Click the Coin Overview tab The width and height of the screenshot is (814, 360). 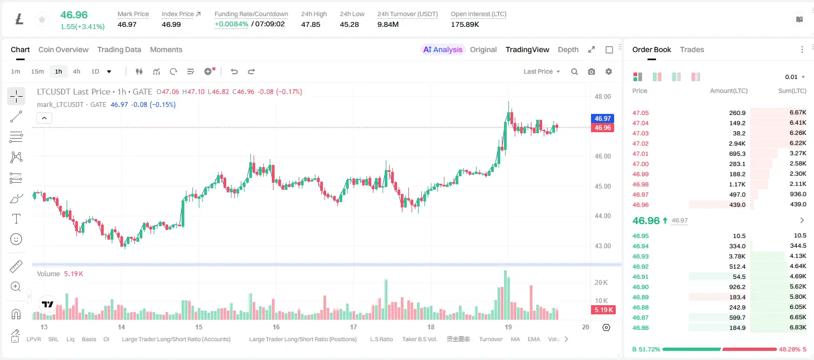(x=63, y=49)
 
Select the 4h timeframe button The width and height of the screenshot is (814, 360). (x=76, y=71)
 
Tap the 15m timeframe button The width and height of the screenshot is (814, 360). (x=38, y=71)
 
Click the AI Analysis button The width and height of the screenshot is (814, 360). (x=443, y=49)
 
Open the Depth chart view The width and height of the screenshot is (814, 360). (x=568, y=49)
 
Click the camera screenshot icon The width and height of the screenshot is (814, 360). (x=592, y=71)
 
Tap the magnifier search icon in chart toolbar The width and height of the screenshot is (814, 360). (x=574, y=71)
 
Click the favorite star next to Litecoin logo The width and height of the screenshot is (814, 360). (x=42, y=19)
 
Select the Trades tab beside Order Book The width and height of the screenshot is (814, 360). (x=692, y=49)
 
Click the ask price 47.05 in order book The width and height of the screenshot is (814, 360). (x=640, y=113)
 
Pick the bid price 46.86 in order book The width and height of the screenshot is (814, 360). (x=640, y=328)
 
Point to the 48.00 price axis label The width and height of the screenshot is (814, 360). (x=602, y=97)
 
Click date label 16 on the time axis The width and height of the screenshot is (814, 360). (x=276, y=327)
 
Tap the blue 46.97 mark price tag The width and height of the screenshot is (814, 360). (x=602, y=118)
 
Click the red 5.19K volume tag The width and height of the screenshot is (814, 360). (x=603, y=310)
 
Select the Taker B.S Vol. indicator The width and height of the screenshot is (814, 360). (x=419, y=339)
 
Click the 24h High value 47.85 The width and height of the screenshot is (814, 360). (x=311, y=24)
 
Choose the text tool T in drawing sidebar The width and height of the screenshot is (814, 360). (x=16, y=219)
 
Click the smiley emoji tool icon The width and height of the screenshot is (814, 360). (x=16, y=239)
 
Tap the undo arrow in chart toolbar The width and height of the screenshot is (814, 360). (x=234, y=71)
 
